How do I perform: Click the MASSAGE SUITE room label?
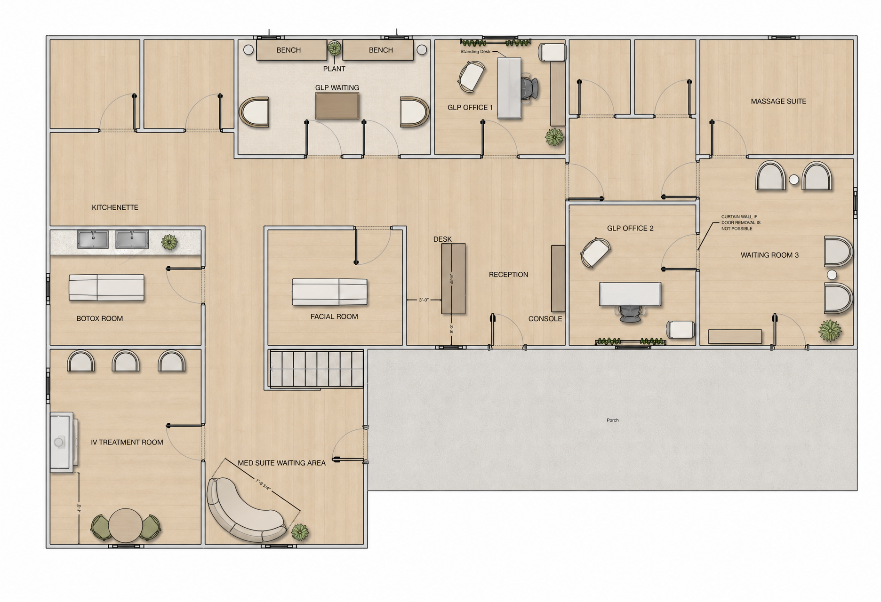[x=778, y=101]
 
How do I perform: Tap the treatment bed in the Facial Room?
[x=329, y=292]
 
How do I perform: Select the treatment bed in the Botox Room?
[x=107, y=287]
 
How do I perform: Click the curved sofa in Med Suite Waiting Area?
[x=245, y=510]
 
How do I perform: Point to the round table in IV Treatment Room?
[x=126, y=525]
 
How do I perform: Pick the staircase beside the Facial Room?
[x=316, y=369]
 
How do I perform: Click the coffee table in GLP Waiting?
[x=337, y=106]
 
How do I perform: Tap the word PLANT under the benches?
[x=334, y=69]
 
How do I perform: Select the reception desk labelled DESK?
[x=453, y=278]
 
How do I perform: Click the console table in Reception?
[x=558, y=278]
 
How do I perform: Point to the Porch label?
[x=612, y=420]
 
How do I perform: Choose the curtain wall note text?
[x=741, y=223]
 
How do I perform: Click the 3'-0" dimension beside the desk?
[x=424, y=300]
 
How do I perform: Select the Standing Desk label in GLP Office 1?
[x=475, y=52]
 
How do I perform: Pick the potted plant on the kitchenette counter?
[x=169, y=242]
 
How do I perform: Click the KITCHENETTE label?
[x=115, y=207]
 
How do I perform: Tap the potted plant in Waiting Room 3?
[x=829, y=331]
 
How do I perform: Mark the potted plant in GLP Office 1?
[x=554, y=136]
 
